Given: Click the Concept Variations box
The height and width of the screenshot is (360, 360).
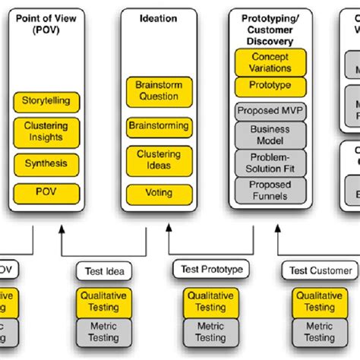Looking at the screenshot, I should [x=270, y=61].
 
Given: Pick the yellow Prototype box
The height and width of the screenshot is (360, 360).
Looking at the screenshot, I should [x=270, y=86].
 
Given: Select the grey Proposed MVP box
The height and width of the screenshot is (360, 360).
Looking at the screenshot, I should [x=270, y=111].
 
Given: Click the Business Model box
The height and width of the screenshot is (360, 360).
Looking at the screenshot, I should [x=270, y=135].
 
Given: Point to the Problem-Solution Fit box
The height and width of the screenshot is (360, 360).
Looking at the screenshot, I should [x=270, y=163].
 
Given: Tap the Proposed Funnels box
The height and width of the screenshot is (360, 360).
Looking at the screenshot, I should [x=270, y=190].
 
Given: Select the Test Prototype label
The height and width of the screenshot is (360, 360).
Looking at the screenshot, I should [x=210, y=269].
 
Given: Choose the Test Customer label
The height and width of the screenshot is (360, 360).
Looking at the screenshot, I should [x=321, y=270].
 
